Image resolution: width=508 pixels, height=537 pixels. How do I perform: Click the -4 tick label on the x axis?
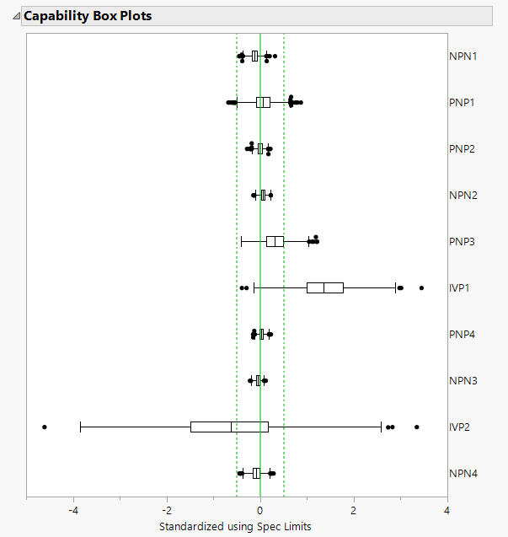coord(73,510)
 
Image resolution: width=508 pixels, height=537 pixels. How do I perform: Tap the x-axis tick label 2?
coord(354,510)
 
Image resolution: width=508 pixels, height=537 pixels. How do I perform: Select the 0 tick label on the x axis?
coord(260,510)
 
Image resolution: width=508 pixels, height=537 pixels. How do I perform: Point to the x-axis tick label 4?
coord(447,510)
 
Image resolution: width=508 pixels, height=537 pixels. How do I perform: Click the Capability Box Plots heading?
coord(88,16)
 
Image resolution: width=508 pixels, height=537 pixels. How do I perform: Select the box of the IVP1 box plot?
coord(324,287)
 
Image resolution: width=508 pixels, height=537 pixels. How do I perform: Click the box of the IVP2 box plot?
coord(229,427)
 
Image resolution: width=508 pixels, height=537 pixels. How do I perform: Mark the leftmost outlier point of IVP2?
coord(45,427)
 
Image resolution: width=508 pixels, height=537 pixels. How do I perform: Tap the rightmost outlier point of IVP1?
coord(421,288)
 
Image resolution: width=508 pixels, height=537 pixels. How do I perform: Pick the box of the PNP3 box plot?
coord(275,242)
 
